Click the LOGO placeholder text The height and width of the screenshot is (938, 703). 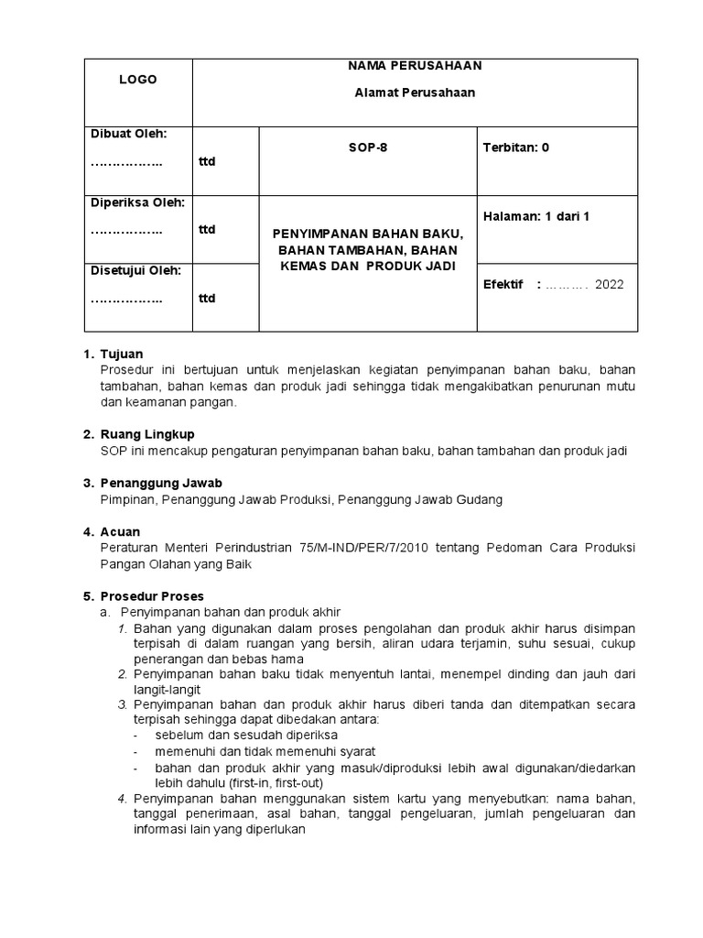137,80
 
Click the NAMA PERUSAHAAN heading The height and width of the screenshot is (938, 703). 415,66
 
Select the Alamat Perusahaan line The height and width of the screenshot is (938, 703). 415,93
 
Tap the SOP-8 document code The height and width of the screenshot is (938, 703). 368,147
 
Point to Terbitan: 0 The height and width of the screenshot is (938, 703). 515,147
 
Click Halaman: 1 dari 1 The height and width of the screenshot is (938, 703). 535,216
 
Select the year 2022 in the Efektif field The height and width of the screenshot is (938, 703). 609,285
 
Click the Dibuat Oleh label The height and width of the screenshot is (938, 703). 128,134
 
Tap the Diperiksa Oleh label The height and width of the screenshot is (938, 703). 137,202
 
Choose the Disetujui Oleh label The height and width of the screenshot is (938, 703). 135,270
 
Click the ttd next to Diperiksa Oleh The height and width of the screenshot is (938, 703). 207,230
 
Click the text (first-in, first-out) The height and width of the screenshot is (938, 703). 265,783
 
